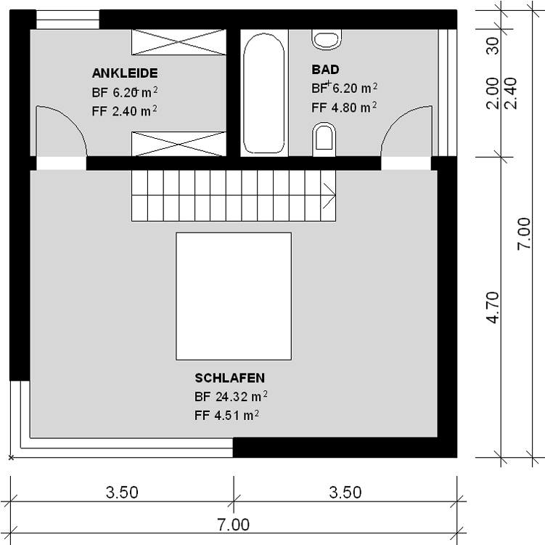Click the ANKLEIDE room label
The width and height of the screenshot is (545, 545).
coord(125,73)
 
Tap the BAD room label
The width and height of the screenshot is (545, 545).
coord(325,70)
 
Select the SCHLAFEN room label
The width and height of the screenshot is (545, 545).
coord(229,378)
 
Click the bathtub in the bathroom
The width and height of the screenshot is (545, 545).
coord(264,93)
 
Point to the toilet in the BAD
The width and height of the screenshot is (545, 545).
coord(324,140)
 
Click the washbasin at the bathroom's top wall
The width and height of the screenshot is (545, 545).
coord(327,39)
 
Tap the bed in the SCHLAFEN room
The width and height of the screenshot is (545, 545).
coord(234,296)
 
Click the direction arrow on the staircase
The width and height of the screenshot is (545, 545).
coord(329,195)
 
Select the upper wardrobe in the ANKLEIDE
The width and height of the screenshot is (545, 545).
coord(179,42)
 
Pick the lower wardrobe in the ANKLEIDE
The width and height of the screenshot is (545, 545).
coord(179,144)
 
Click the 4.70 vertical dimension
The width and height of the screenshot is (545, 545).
coord(493,307)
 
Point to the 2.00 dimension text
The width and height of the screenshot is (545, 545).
coord(493,93)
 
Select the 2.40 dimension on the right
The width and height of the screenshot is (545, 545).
coord(510,93)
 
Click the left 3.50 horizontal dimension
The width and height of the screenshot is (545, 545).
coord(122,493)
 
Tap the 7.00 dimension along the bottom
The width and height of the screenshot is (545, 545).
coord(233,525)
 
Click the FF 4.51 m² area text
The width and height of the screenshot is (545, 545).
coord(226,415)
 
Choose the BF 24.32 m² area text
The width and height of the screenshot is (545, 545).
coord(231,396)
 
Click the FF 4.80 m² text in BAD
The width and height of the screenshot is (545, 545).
coord(344,108)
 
